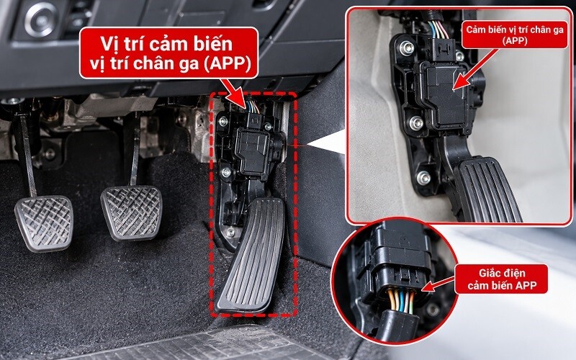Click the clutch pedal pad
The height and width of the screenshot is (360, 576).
click(44, 223)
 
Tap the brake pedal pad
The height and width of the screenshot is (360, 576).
click(132, 212)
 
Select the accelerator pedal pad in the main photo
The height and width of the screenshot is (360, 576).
click(251, 256)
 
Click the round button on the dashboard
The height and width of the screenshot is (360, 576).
click(42, 19)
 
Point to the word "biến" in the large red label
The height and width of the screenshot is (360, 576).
click(214, 45)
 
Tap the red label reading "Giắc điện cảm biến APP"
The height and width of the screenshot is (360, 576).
click(502, 279)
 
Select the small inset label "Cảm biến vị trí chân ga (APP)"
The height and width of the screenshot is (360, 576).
click(514, 35)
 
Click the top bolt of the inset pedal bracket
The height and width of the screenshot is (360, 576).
click(407, 48)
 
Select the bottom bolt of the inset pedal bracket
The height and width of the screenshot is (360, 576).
click(423, 178)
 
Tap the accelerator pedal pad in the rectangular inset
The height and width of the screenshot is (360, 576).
click(487, 190)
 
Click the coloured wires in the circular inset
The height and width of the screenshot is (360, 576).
click(402, 300)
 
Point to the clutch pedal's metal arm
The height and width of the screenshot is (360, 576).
click(27, 154)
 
